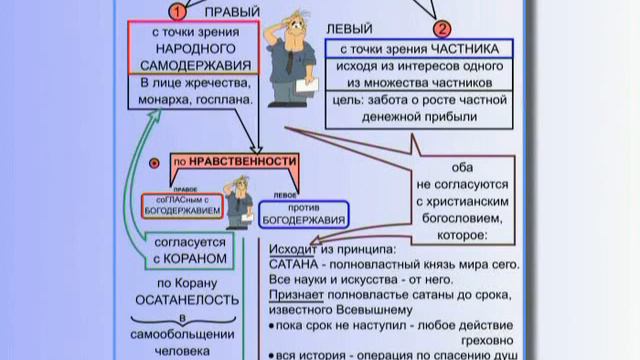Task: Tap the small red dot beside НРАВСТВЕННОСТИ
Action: click(x=153, y=161)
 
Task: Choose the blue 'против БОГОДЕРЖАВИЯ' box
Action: click(x=303, y=212)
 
